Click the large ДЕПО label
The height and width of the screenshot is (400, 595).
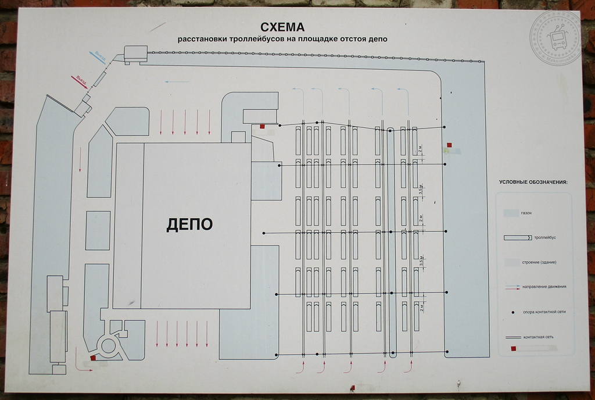pos(189,224)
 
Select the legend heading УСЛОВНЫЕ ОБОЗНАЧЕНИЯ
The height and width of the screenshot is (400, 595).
pos(533,183)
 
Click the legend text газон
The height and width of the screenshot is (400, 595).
pos(527,213)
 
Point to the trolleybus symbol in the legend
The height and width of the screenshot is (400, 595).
pos(517,238)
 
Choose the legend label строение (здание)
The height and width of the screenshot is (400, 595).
pos(540,263)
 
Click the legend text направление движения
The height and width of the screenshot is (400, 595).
pos(544,287)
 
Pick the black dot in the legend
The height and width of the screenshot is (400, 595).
pos(512,312)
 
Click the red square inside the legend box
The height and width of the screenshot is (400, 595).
pos(513,349)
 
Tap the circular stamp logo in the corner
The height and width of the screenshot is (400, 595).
pos(555,38)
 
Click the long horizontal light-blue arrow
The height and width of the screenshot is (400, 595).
pos(177,82)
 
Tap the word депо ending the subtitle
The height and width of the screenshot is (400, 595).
pos(377,40)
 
